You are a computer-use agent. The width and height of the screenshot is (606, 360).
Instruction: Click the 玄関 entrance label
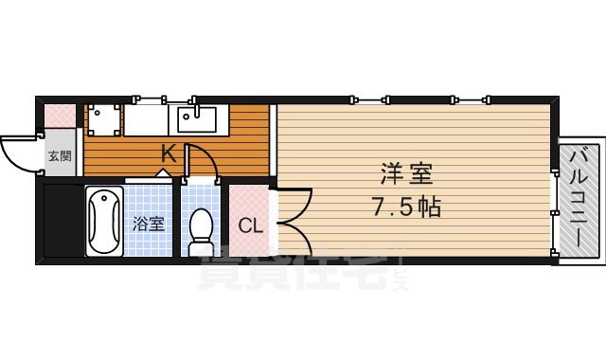pos(60,156)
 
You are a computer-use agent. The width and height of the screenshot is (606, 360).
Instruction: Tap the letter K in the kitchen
pos(168,152)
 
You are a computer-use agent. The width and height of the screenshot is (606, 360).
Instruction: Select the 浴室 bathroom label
pos(148,225)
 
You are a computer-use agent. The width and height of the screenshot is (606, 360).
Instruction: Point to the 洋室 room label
pos(407,175)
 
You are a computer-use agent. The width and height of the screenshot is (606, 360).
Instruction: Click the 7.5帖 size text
pos(407,207)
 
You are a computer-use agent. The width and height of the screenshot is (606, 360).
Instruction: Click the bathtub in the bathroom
pos(103,222)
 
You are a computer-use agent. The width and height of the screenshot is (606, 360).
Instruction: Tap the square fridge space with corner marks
pos(103,120)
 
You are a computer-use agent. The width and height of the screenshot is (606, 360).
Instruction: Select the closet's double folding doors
pos(292,221)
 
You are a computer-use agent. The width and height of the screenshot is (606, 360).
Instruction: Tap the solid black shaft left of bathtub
pos(62,223)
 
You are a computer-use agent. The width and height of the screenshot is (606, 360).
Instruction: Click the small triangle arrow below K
pos(163,173)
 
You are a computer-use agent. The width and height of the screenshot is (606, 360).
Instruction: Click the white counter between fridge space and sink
pos(147,120)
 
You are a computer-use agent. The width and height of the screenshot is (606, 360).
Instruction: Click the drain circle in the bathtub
pos(103,201)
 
